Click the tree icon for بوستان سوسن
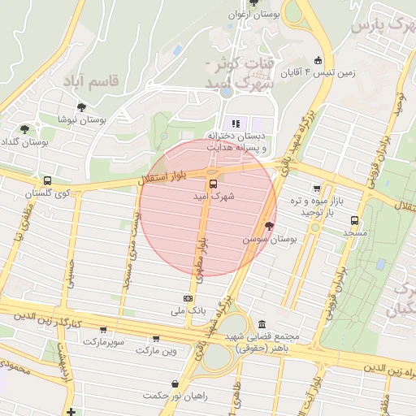pyautogui.click(x=269, y=227)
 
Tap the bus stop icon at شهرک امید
pyautogui.click(x=213, y=184)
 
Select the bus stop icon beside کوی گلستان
pyautogui.click(x=47, y=180)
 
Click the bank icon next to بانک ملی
pyautogui.click(x=188, y=298)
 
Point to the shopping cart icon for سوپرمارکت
pyautogui.click(x=103, y=330)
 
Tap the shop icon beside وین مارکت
pyautogui.click(x=155, y=338)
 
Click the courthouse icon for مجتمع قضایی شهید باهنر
pyautogui.click(x=262, y=323)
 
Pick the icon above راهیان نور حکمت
pyautogui.click(x=175, y=383)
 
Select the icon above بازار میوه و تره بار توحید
pyautogui.click(x=316, y=188)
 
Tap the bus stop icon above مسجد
pyautogui.click(x=353, y=220)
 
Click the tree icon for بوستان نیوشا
pyautogui.click(x=81, y=106)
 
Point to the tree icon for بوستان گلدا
pyautogui.click(x=24, y=128)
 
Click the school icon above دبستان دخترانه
pyautogui.click(x=236, y=123)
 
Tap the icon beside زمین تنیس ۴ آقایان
pyautogui.click(x=318, y=60)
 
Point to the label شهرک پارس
pyautogui.click(x=379, y=25)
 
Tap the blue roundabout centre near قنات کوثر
pyautogui.click(x=226, y=91)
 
